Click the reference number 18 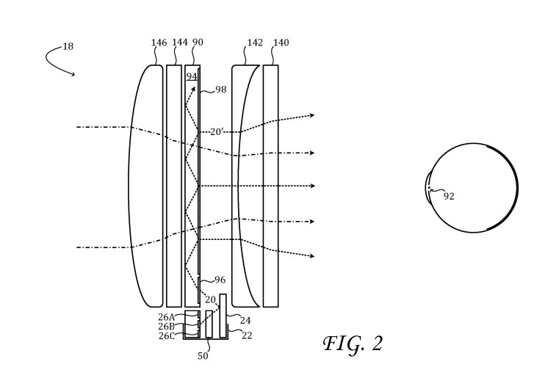coord(68,46)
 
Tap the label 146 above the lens coord(159,43)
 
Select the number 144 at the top coord(180,42)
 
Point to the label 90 coord(198,42)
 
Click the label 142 coord(255,43)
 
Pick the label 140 coord(281,43)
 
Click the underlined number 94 coord(192,76)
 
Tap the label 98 coord(221,90)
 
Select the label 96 coord(220,280)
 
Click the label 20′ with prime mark coord(216,131)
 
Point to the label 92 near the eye coord(449,196)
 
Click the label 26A coord(167,317)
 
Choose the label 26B coord(167,327)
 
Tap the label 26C coord(167,336)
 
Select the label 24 coord(245,321)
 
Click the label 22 coord(247,335)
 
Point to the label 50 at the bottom coord(203,356)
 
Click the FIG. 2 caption coord(353,343)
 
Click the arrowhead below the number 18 coord(73,74)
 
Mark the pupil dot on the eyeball coord(429,188)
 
